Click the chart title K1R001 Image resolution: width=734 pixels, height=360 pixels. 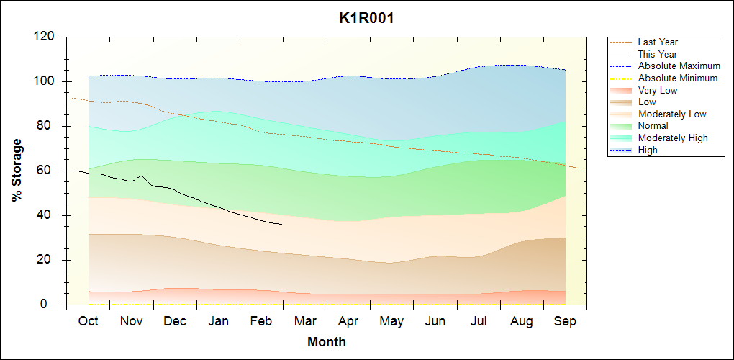[366, 18]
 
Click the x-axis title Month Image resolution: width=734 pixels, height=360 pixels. [326, 342]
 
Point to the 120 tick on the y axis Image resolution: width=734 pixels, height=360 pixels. [46, 37]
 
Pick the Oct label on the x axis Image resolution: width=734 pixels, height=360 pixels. [88, 321]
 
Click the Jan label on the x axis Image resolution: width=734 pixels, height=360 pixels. [218, 321]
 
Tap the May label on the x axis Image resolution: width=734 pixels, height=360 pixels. [391, 321]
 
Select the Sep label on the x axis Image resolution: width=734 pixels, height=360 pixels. [565, 321]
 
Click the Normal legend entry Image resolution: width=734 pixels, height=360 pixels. [653, 126]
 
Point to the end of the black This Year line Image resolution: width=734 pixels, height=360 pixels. [282, 225]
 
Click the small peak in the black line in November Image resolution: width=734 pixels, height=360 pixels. [141, 176]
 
